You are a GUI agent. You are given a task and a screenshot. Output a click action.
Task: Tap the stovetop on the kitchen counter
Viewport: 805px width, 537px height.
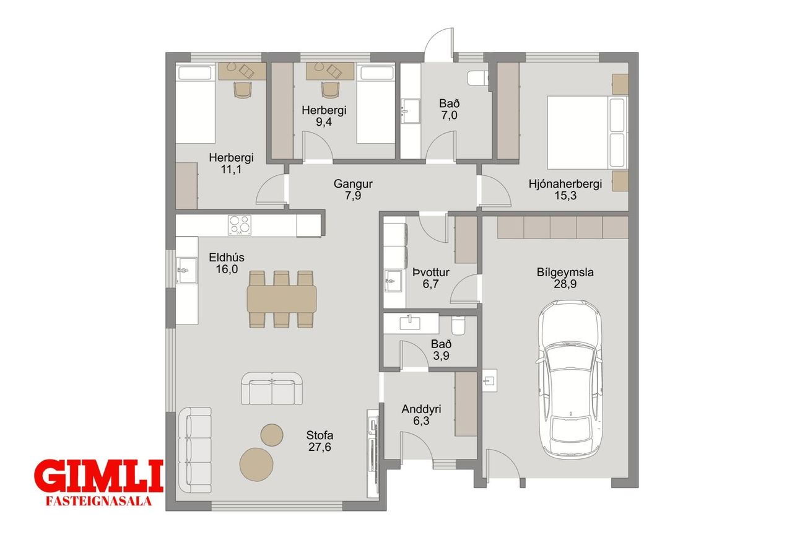[240, 225]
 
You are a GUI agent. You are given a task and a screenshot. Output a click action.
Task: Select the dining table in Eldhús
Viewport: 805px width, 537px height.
[282, 299]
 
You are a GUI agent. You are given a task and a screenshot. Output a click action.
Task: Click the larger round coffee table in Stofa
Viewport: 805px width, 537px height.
[256, 464]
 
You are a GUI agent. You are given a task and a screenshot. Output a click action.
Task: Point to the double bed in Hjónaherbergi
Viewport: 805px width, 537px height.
[587, 133]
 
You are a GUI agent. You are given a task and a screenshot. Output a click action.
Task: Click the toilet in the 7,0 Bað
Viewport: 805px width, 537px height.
[478, 78]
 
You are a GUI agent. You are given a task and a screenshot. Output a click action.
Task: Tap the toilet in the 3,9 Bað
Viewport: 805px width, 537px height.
[458, 325]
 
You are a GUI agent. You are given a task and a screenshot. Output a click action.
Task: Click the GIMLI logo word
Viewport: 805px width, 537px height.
[99, 476]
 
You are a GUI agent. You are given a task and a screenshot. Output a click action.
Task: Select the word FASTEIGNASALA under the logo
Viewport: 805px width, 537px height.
[98, 502]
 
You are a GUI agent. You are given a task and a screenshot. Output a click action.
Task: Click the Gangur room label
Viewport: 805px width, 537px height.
[353, 184]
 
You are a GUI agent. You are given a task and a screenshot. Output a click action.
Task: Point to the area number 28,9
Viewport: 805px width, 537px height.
[565, 284]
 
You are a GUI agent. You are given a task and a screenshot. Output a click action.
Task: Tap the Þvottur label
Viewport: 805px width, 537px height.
[430, 272]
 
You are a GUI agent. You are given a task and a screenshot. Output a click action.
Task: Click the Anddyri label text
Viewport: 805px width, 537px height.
[421, 409]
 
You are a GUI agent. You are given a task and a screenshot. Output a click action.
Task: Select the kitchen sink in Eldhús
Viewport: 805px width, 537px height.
[187, 270]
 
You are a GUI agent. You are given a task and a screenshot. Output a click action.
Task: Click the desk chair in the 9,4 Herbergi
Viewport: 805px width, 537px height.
[330, 90]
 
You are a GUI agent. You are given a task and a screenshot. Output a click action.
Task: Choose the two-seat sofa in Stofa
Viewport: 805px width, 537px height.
[272, 388]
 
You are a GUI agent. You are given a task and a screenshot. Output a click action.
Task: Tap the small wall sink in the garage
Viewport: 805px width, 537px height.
[489, 380]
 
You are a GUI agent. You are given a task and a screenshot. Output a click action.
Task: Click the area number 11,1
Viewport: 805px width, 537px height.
[231, 169]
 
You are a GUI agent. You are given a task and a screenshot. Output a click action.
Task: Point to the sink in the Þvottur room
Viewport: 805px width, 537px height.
[393, 281]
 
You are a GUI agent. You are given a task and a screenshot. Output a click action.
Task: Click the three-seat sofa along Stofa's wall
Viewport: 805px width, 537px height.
[195, 450]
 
